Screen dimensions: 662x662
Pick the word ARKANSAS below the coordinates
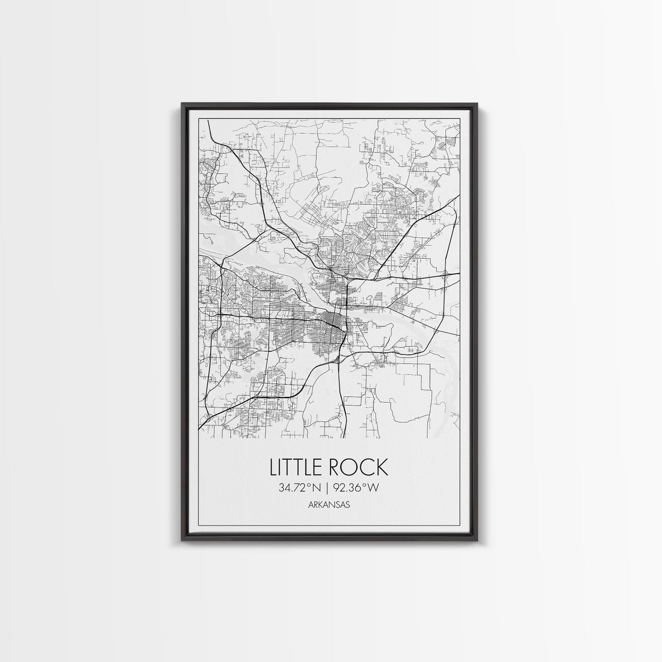328,505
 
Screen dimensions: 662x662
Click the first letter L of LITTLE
273,467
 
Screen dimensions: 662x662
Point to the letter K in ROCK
382,467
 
